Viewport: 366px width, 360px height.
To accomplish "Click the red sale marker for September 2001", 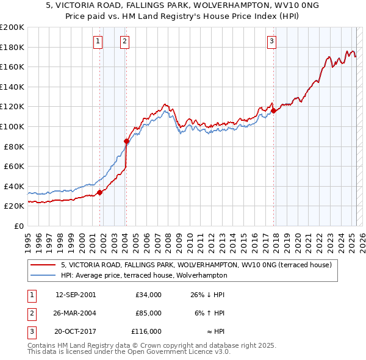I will click(x=99, y=192).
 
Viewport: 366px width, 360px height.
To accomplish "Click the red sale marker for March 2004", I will click(x=126, y=141).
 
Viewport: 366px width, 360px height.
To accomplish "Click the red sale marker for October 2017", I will click(x=273, y=110).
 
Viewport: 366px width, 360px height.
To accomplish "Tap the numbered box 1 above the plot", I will click(x=98, y=41).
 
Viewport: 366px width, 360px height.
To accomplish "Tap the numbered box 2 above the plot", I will click(x=124, y=41).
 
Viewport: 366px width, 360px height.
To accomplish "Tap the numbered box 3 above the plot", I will click(x=271, y=41).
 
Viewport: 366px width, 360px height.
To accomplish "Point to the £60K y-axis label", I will click(x=13, y=166).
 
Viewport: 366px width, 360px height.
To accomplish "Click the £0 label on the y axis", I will click(x=18, y=226).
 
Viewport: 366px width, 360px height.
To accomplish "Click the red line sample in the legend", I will click(x=43, y=265).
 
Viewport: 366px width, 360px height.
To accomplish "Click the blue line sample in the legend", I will click(x=43, y=275).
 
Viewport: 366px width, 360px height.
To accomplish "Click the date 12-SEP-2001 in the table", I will click(x=76, y=295).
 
